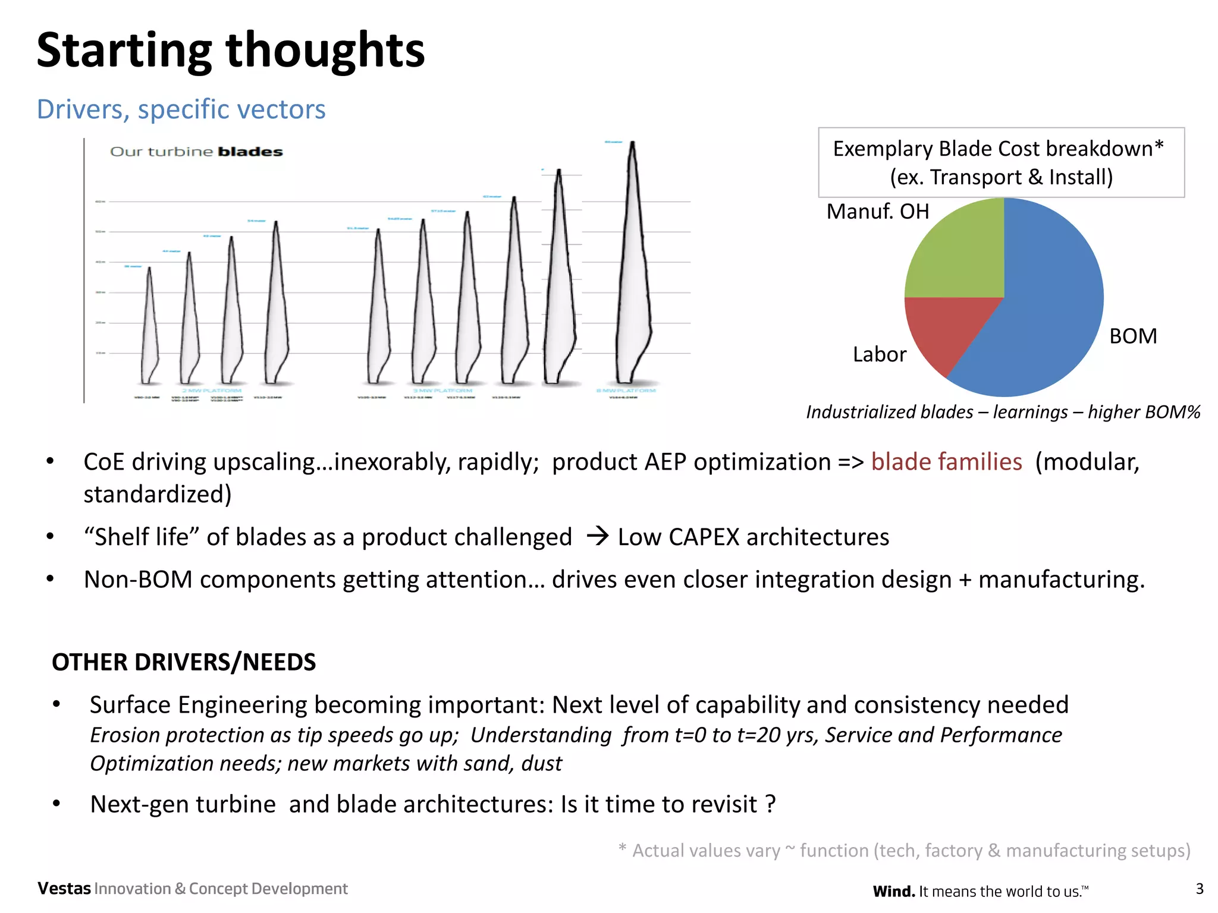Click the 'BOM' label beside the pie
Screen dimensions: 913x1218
[1133, 336]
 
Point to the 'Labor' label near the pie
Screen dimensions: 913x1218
[879, 355]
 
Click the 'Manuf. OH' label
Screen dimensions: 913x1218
[877, 212]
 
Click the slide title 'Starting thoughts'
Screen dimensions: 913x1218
[231, 50]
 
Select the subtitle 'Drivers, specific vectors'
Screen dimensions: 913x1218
[181, 109]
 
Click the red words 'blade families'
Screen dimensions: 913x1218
[946, 462]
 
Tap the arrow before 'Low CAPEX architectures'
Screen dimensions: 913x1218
[597, 537]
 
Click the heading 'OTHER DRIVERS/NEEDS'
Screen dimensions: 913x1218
[184, 662]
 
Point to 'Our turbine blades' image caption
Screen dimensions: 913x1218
[196, 152]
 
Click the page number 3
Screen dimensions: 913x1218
[1199, 889]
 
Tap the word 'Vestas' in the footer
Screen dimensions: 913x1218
[64, 889]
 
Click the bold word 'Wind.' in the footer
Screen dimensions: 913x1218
[893, 891]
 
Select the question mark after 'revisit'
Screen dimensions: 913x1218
[771, 804]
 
